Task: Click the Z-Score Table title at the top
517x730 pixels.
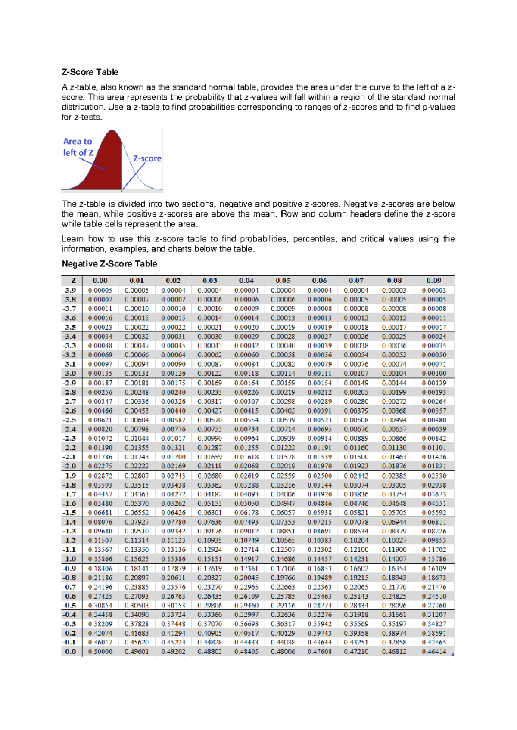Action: tap(90, 72)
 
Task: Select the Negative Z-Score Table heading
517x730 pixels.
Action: tap(109, 264)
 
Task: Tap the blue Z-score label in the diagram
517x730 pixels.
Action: tap(147, 158)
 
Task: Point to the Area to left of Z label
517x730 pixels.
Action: tap(78, 147)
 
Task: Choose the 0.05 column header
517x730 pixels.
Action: tap(283, 280)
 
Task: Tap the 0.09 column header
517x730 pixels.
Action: tap(434, 280)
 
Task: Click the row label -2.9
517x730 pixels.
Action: tap(71, 383)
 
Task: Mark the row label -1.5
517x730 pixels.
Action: tap(71, 513)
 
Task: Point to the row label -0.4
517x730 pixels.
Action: tap(71, 615)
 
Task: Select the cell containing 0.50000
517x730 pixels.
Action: tap(100, 652)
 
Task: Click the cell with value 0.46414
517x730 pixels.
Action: tap(434, 652)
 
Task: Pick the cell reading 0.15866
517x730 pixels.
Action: tap(100, 559)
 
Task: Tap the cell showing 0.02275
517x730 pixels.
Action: tap(100, 466)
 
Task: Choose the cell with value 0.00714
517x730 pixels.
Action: tap(283, 429)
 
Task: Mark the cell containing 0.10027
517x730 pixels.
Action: tap(394, 540)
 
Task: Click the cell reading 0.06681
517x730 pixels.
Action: tap(100, 513)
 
